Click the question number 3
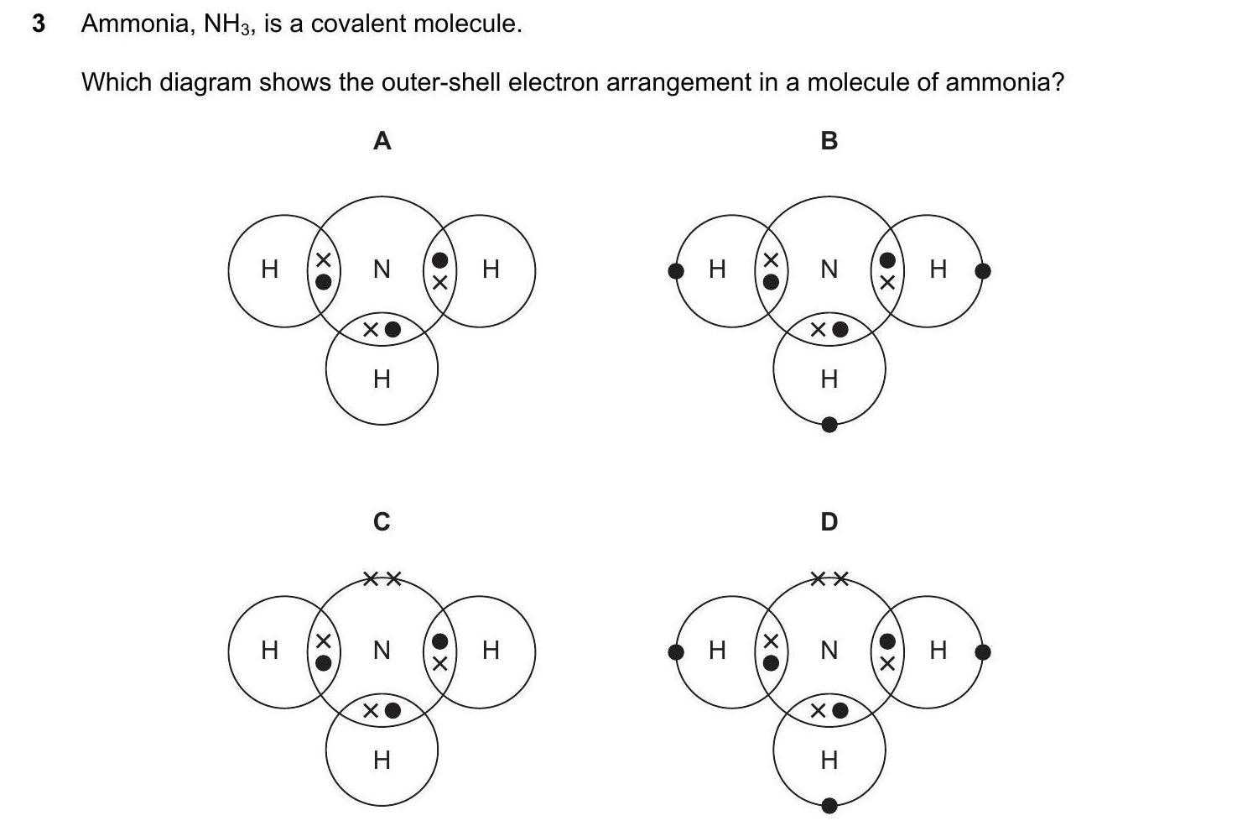[38, 24]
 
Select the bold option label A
[382, 141]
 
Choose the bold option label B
[829, 141]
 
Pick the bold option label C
[382, 522]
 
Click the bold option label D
[829, 522]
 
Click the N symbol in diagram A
[382, 269]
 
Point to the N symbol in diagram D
[829, 651]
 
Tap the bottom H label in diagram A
[382, 379]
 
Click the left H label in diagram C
[269, 650]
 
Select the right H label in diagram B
[938, 269]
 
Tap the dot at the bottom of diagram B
[829, 425]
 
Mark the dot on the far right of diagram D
[984, 651]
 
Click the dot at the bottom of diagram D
[829, 806]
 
